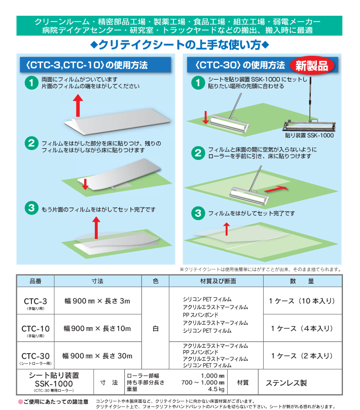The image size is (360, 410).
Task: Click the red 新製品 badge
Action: pyautogui.click(x=312, y=65)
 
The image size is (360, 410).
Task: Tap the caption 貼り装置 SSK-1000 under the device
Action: pyautogui.click(x=309, y=135)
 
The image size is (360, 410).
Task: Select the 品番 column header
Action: pyautogui.click(x=38, y=281)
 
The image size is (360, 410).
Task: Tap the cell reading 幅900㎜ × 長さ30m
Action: pyautogui.click(x=97, y=356)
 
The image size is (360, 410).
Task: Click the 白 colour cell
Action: pyautogui.click(x=156, y=328)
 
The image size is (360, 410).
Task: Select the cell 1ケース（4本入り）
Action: pyautogui.click(x=302, y=328)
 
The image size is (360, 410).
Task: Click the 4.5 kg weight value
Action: pyautogui.click(x=215, y=389)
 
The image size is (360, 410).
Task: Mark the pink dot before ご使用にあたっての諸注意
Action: pyautogui.click(x=21, y=402)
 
